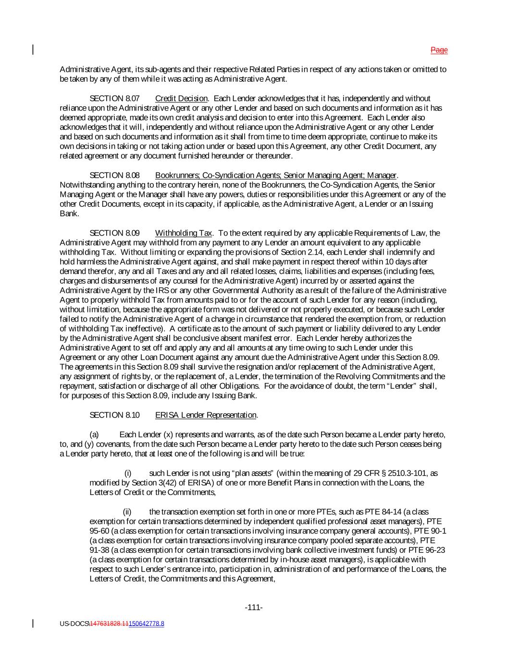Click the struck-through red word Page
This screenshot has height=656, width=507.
click(x=439, y=50)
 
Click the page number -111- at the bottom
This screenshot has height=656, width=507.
click(x=254, y=607)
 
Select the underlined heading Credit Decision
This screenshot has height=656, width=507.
click(x=181, y=99)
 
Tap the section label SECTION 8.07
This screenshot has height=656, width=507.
click(x=115, y=99)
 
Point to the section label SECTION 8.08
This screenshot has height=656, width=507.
click(x=115, y=175)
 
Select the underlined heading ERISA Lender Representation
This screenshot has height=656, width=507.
click(x=206, y=415)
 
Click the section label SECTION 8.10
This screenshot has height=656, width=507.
click(x=115, y=415)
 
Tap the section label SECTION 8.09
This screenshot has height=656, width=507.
click(x=115, y=233)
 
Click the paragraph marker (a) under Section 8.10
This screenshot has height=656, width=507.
click(x=94, y=434)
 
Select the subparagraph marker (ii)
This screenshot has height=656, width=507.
click(x=127, y=512)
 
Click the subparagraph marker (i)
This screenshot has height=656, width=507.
click(x=128, y=473)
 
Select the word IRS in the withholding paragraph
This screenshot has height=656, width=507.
click(x=162, y=290)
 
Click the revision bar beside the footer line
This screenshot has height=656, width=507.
click(x=33, y=623)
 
